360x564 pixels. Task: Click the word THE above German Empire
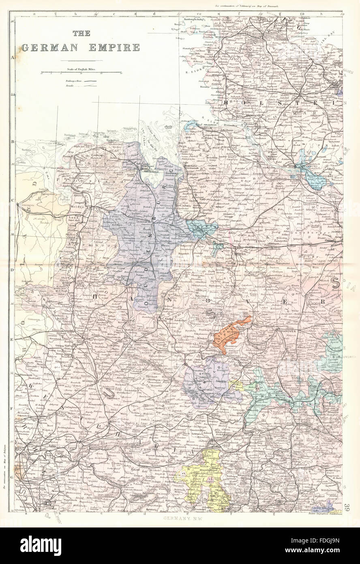point(81,34)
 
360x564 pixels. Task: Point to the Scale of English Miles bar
point(81,73)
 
